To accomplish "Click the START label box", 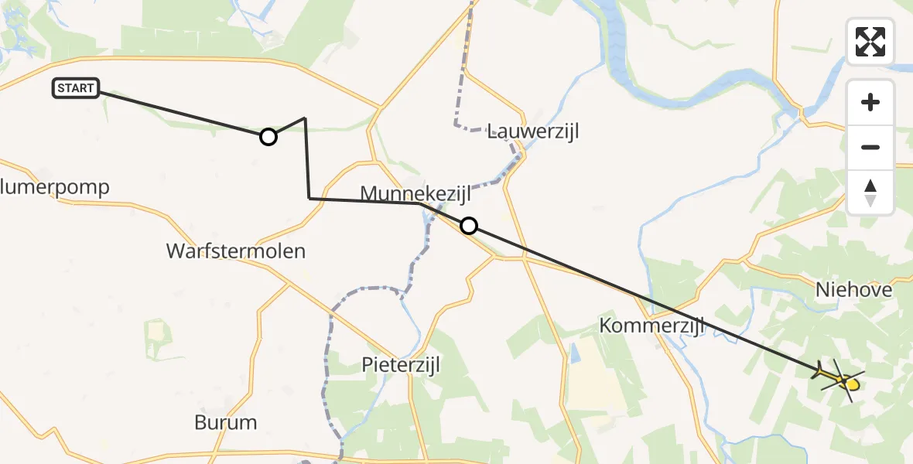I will (x=76, y=88).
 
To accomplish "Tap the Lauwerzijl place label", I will (x=533, y=131).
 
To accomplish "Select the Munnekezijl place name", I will (x=416, y=193).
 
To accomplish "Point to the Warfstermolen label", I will (x=236, y=251).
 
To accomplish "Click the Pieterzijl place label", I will (x=401, y=364).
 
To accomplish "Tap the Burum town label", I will (x=225, y=422).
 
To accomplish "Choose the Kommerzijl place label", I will (x=652, y=326).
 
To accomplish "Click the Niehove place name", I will (x=854, y=290).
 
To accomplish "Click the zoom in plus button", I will (x=870, y=102).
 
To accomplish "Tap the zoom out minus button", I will (x=870, y=147).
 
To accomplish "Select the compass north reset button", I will (x=870, y=192).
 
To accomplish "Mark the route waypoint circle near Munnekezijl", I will (x=468, y=226).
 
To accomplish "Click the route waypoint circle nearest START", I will (x=268, y=137).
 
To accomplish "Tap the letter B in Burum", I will (x=200, y=422).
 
